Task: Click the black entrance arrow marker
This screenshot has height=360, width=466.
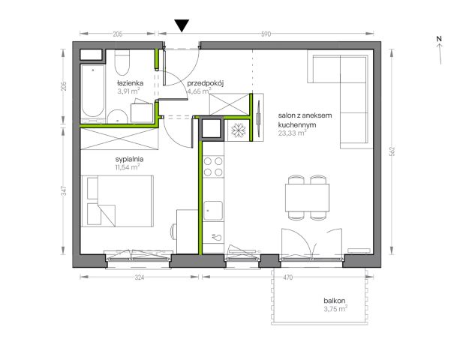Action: click(x=182, y=25)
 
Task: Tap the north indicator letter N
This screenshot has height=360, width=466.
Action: click(x=439, y=39)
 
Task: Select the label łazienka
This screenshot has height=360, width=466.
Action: click(x=130, y=83)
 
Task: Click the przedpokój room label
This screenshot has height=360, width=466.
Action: click(x=205, y=84)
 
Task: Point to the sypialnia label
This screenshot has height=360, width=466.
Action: click(x=130, y=160)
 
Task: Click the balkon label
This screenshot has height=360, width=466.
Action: click(x=335, y=301)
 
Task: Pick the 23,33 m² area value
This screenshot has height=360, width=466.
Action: click(x=292, y=133)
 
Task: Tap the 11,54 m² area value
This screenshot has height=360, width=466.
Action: click(x=128, y=167)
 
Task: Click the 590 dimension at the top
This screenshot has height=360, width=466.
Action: click(x=266, y=34)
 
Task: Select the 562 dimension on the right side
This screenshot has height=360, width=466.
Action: click(x=392, y=151)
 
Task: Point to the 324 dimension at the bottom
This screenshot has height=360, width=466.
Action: click(x=140, y=277)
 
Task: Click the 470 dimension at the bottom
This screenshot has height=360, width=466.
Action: click(x=287, y=277)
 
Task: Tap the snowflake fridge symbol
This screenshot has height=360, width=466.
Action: click(x=239, y=130)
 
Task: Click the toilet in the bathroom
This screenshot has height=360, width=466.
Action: click(x=122, y=62)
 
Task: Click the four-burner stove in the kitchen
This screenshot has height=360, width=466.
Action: click(x=213, y=166)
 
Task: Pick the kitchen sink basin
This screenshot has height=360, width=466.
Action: click(x=213, y=211)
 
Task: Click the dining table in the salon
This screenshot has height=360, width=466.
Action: click(x=307, y=197)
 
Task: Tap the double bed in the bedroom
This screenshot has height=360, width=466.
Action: click(x=117, y=201)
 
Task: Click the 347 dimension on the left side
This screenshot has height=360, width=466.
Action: click(x=63, y=190)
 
